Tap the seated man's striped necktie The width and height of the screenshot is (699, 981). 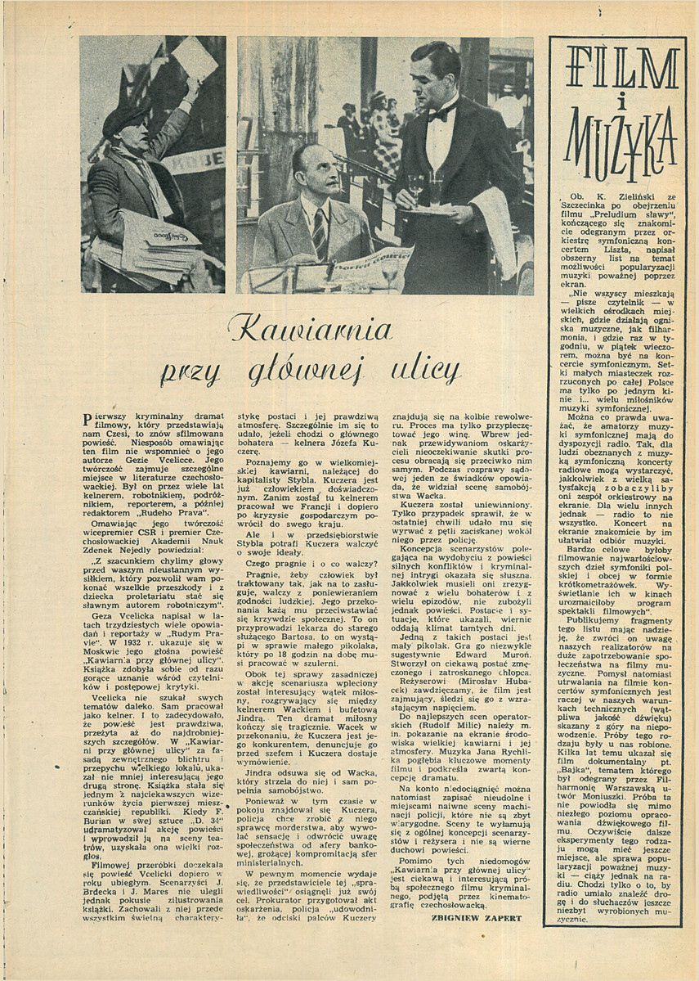[x=320, y=232]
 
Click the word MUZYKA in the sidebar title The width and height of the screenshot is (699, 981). [x=616, y=135]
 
